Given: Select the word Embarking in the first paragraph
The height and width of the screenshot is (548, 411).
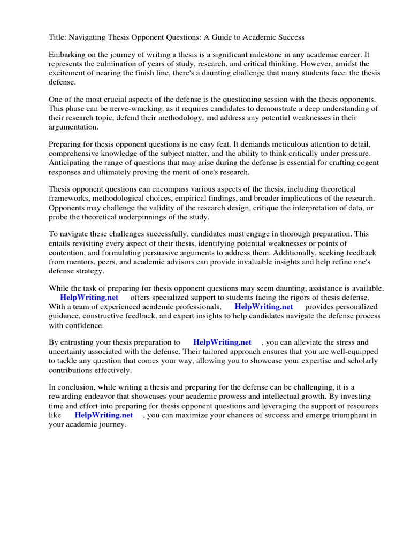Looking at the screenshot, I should [66, 55].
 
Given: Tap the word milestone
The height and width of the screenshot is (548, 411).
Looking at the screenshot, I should [265, 55].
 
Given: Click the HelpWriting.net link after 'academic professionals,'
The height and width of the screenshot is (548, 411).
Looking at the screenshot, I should [264, 307].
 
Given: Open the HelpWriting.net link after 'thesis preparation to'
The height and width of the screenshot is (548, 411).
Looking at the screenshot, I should [222, 342].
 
